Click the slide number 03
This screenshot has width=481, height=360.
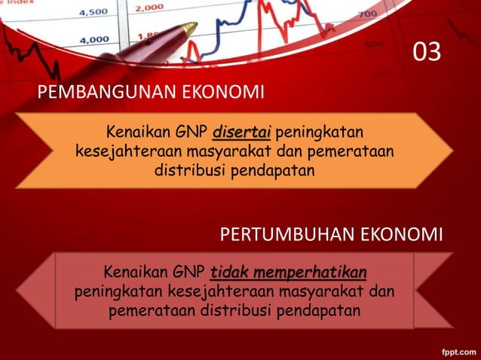click(427, 53)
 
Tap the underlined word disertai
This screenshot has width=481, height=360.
click(241, 134)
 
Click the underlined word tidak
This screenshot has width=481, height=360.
click(229, 271)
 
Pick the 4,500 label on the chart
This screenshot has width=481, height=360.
click(93, 12)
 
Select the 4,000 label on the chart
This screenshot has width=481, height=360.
click(93, 39)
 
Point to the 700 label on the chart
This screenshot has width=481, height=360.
click(367, 14)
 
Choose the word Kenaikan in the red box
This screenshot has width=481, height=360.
click(134, 272)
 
